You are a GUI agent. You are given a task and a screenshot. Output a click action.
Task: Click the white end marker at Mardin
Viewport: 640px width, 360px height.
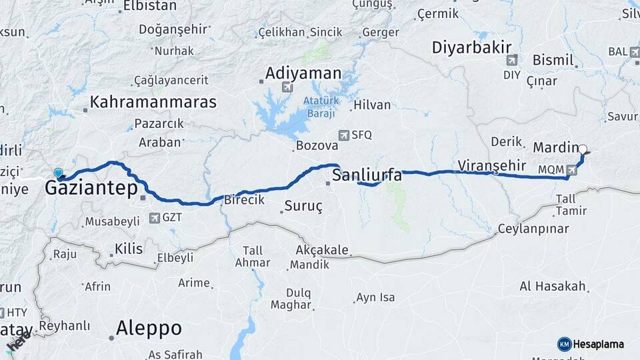point(583,149)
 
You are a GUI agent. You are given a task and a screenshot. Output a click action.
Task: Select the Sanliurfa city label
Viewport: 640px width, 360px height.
point(367,175)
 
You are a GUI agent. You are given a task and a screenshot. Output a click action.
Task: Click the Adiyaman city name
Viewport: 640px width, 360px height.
point(303,73)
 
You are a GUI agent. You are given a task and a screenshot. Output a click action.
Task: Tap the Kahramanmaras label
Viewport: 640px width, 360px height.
point(153,102)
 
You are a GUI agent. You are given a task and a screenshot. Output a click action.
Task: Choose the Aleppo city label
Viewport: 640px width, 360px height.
point(149,328)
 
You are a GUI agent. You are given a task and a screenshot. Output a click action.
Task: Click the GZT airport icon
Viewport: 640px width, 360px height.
point(155,217)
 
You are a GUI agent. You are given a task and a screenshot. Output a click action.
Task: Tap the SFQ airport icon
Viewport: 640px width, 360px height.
point(343,135)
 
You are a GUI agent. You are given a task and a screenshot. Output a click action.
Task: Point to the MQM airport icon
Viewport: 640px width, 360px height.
point(571,170)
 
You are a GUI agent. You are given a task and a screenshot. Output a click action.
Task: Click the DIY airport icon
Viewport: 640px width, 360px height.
point(511,61)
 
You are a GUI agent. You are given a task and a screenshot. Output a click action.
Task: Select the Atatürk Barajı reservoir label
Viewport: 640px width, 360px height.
point(321,105)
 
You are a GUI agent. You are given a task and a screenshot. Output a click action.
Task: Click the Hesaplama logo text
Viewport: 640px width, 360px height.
point(599,344)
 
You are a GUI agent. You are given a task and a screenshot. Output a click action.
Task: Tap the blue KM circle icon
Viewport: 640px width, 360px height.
point(564,344)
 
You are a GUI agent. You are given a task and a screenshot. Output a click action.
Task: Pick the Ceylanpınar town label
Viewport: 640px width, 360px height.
point(533,229)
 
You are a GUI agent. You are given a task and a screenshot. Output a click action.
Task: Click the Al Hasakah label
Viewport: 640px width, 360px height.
point(553,287)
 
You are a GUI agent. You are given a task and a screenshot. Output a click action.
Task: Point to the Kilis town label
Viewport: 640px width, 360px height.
point(129,249)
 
